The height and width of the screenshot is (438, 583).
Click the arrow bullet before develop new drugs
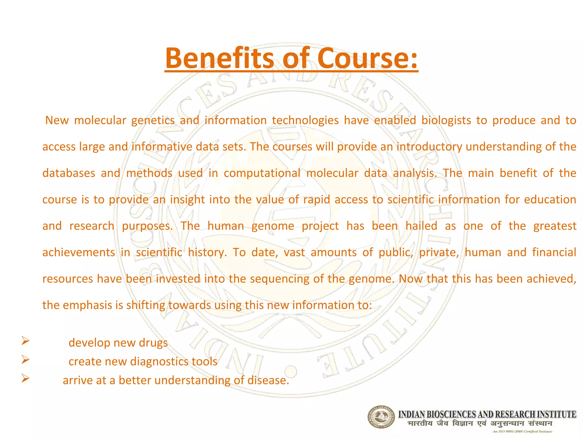pyautogui.click(x=25, y=340)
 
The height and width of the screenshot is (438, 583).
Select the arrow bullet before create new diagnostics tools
pyautogui.click(x=25, y=360)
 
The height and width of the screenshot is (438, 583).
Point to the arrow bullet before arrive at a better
pyautogui.click(x=25, y=378)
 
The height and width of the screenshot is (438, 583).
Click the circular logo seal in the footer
pyautogui.click(x=381, y=417)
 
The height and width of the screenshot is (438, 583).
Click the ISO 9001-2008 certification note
pyautogui.click(x=522, y=431)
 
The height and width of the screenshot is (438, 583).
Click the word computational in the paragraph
pyautogui.click(x=262, y=173)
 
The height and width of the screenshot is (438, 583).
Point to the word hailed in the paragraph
pyautogui.click(x=421, y=226)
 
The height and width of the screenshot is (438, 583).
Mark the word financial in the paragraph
pyautogui.click(x=554, y=252)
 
